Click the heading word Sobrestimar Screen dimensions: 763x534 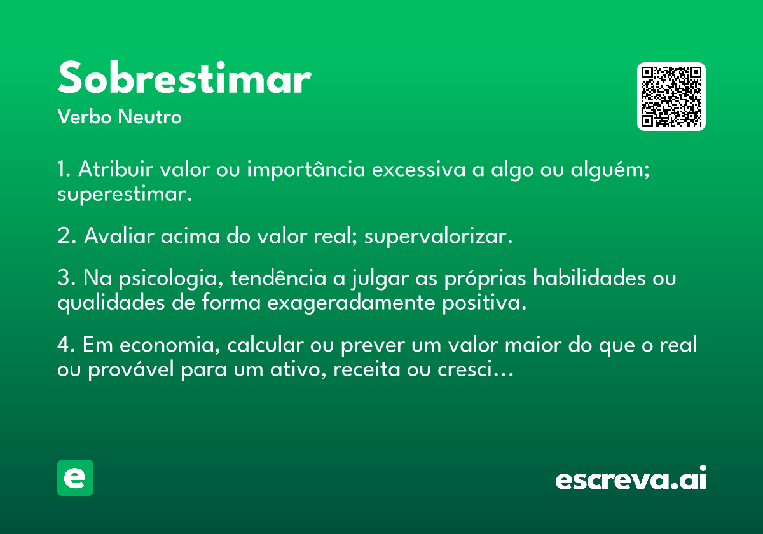pyautogui.click(x=184, y=78)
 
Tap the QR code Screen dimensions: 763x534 pyautogui.click(x=671, y=97)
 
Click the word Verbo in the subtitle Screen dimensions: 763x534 pyautogui.click(x=85, y=116)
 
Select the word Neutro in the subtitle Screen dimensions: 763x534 pyautogui.click(x=149, y=116)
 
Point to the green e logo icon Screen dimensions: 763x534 pyautogui.click(x=75, y=477)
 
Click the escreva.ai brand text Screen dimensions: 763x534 pyautogui.click(x=631, y=478)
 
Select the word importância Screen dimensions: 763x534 pyautogui.click(x=306, y=169)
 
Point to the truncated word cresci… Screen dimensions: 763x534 pyautogui.click(x=475, y=369)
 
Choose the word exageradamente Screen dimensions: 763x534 pyautogui.click(x=351, y=303)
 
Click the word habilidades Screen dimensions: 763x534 pyautogui.click(x=589, y=278)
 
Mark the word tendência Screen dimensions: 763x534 pyautogui.click(x=278, y=278)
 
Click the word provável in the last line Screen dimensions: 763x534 pyautogui.click(x=131, y=370)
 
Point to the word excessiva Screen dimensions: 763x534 pyautogui.click(x=418, y=169)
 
